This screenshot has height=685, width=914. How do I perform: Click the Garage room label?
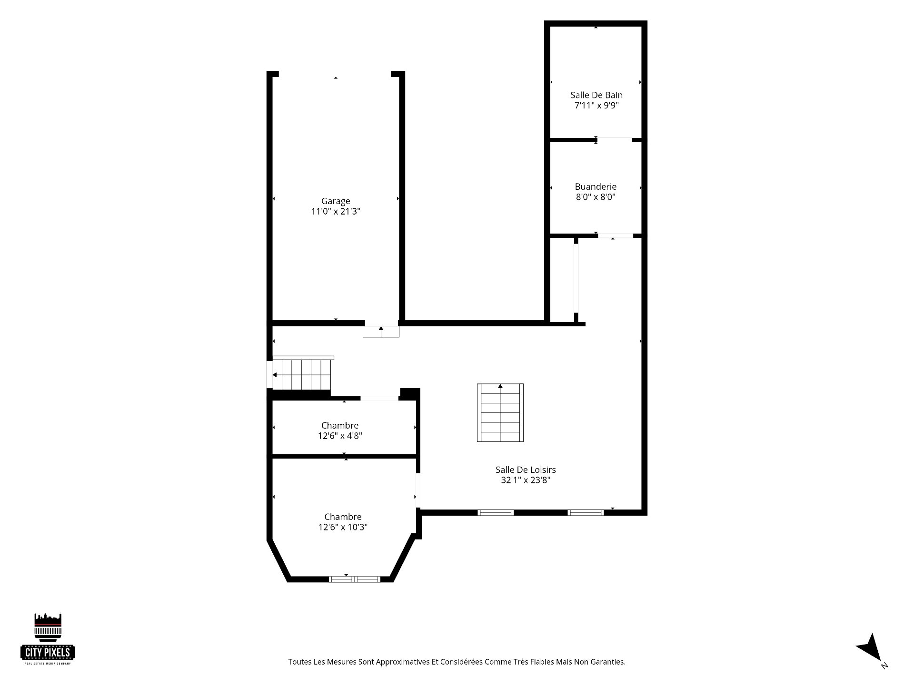coord(336,201)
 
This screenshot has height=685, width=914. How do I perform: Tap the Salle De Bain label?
coord(596,95)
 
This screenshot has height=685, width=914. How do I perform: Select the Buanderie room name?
coord(596,187)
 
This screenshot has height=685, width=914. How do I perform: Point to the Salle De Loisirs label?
coord(526,470)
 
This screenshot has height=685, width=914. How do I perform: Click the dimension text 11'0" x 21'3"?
coord(336,212)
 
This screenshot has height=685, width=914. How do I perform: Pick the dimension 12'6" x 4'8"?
coord(340,436)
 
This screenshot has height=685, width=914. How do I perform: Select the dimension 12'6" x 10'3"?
coord(343,527)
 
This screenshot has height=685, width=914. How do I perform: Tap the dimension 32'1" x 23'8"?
coord(526,480)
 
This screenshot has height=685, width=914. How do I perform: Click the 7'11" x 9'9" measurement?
coord(596,106)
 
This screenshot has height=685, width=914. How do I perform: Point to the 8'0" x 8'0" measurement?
coord(596,197)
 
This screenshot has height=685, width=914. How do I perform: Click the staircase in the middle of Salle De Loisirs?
coord(500,412)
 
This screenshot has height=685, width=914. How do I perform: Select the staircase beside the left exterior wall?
coord(302,374)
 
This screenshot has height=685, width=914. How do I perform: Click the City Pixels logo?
coord(48,638)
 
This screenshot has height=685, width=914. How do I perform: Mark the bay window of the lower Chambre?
coord(355,579)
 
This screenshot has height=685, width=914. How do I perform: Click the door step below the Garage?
coord(381,332)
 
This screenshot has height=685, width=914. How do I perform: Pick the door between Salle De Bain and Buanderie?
coord(615,140)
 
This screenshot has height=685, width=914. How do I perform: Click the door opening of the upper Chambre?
coord(379,398)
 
